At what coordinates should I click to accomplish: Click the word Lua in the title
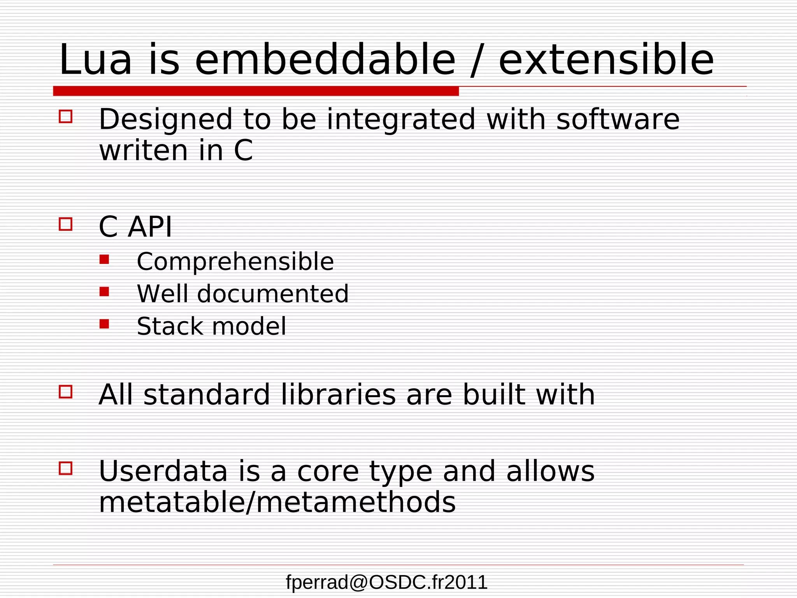pyautogui.click(x=95, y=60)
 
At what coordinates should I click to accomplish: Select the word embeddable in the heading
pyautogui.click(x=325, y=60)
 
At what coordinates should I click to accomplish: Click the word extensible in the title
pyautogui.click(x=606, y=60)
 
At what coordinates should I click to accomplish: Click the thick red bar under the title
pyautogui.click(x=256, y=91)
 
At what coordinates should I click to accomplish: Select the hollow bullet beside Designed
pyautogui.click(x=65, y=116)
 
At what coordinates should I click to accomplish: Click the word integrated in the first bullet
pyautogui.click(x=401, y=120)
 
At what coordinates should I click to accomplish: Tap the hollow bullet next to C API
pyautogui.click(x=65, y=224)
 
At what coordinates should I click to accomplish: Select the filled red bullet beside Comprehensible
pyautogui.click(x=104, y=259)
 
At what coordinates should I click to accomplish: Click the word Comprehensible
pyautogui.click(x=235, y=262)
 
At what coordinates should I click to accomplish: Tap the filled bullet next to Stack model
pyautogui.click(x=104, y=324)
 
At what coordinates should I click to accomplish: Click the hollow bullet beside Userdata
pyautogui.click(x=65, y=468)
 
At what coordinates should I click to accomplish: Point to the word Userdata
pyautogui.click(x=163, y=471)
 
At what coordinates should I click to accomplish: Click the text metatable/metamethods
pyautogui.click(x=277, y=503)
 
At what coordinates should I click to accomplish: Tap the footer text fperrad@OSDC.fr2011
pyautogui.click(x=386, y=582)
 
